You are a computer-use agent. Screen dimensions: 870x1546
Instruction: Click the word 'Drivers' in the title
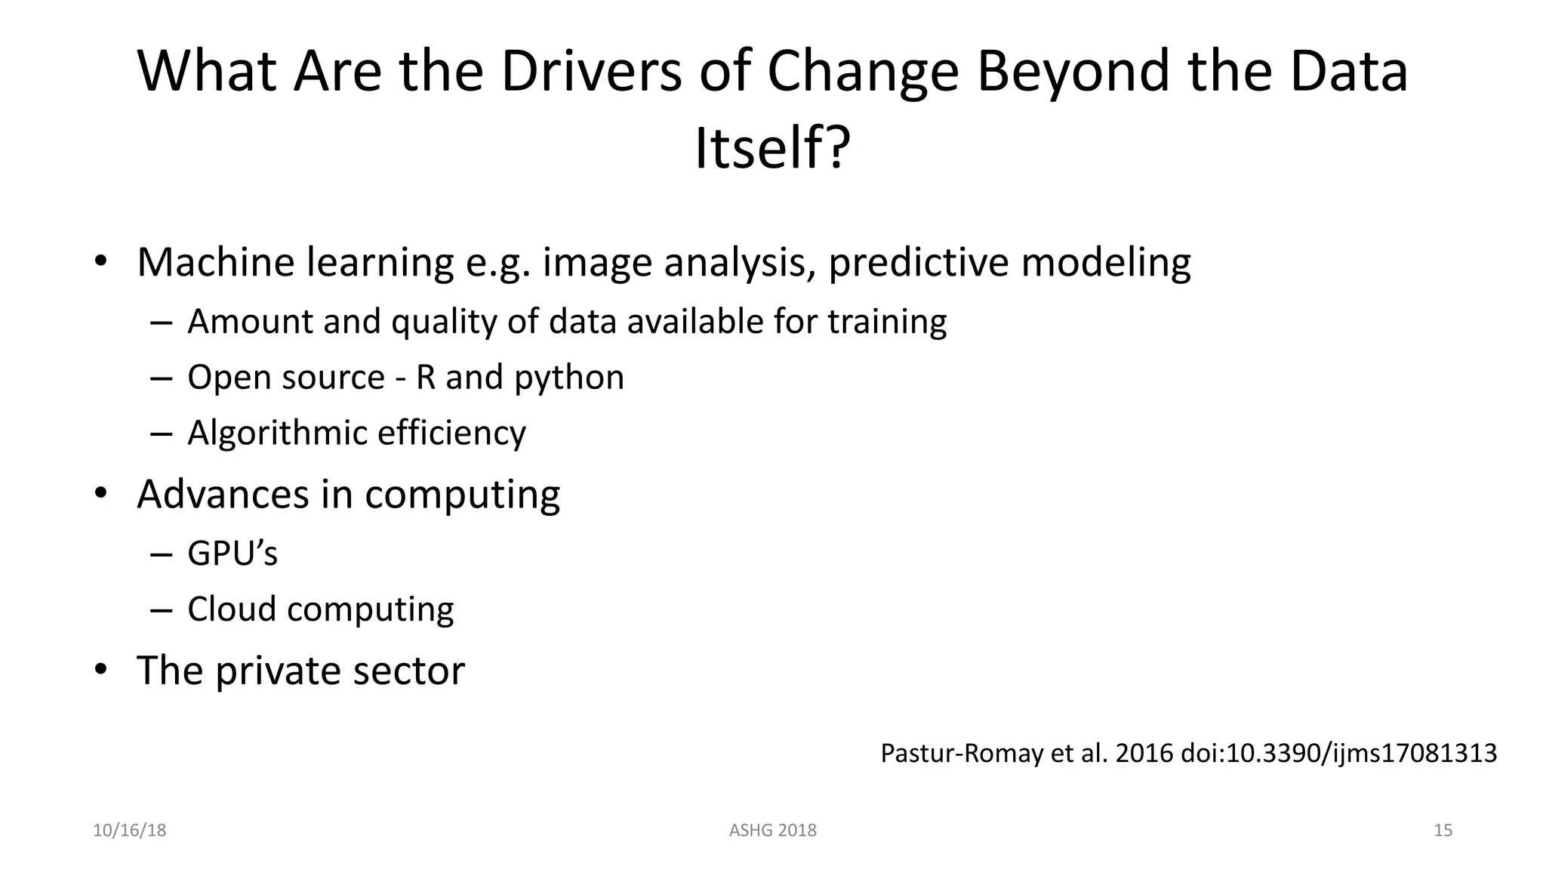pyautogui.click(x=590, y=71)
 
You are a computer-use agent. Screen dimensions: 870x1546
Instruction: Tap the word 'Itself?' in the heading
pyautogui.click(x=772, y=148)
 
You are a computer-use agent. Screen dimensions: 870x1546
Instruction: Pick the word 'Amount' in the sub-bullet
pyautogui.click(x=248, y=321)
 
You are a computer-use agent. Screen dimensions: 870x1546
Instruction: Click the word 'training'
pyautogui.click(x=887, y=321)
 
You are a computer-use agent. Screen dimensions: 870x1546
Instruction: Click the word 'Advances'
pyautogui.click(x=223, y=494)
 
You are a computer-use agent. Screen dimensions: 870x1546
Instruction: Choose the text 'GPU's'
pyautogui.click(x=233, y=553)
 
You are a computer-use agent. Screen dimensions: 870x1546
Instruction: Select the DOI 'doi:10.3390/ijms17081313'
pyautogui.click(x=1338, y=753)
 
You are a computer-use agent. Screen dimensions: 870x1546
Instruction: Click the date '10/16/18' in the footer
pyautogui.click(x=129, y=830)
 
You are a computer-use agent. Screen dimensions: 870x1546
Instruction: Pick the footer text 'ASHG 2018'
pyautogui.click(x=772, y=830)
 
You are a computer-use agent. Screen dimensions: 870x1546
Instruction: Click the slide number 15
pyautogui.click(x=1443, y=830)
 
